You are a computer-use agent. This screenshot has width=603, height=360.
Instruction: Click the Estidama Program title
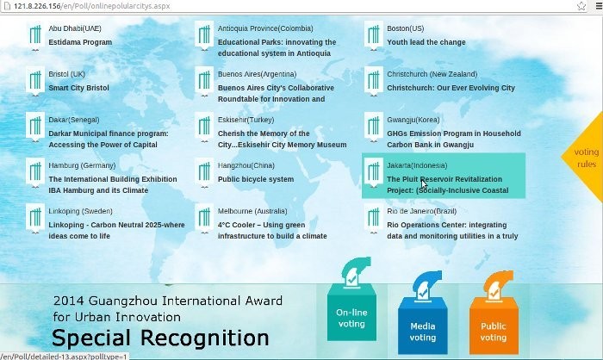point(80,42)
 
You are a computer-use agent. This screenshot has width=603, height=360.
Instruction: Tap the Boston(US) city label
point(406,28)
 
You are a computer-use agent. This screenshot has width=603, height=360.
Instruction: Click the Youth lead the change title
point(426,42)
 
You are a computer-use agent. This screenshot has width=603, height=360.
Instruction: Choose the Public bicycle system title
point(256,179)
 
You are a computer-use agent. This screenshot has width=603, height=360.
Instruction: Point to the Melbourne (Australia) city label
point(252,211)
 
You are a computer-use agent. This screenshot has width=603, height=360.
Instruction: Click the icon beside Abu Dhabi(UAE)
point(35,36)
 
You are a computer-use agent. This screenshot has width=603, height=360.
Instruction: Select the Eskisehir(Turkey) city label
point(246,120)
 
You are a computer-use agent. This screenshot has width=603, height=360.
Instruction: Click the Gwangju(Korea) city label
point(413,120)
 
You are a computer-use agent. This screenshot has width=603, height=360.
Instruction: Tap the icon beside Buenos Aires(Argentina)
point(204,82)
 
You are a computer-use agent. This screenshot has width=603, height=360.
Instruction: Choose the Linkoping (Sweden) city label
point(81,211)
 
